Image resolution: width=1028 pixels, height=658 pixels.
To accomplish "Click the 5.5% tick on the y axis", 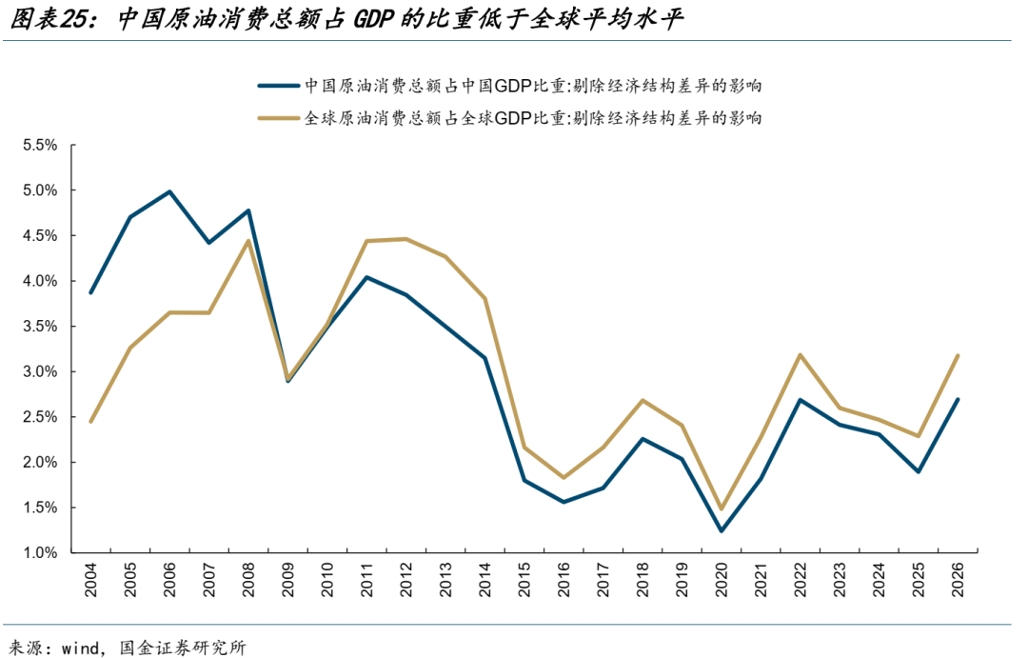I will [41, 146].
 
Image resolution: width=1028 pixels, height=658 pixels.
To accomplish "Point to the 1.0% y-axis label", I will [41, 553].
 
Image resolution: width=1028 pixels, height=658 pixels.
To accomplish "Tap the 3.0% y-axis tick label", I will [41, 372].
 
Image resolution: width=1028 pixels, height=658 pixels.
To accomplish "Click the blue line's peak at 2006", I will [169, 191].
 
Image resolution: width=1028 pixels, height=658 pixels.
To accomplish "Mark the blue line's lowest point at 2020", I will [721, 531].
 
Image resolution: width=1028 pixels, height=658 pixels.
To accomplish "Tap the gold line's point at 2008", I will [248, 241].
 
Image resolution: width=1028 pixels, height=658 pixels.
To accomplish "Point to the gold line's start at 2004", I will [91, 421].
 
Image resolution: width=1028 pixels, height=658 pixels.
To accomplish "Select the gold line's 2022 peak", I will [800, 355].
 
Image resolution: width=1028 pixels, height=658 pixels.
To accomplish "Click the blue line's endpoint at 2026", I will [957, 400].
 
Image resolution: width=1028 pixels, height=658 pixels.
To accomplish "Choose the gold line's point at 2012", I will [406, 239].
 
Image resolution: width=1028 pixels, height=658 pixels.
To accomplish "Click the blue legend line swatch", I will [277, 86].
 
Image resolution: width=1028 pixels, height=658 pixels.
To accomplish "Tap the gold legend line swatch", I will [277, 119].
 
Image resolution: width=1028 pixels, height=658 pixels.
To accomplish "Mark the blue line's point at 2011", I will [366, 277].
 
